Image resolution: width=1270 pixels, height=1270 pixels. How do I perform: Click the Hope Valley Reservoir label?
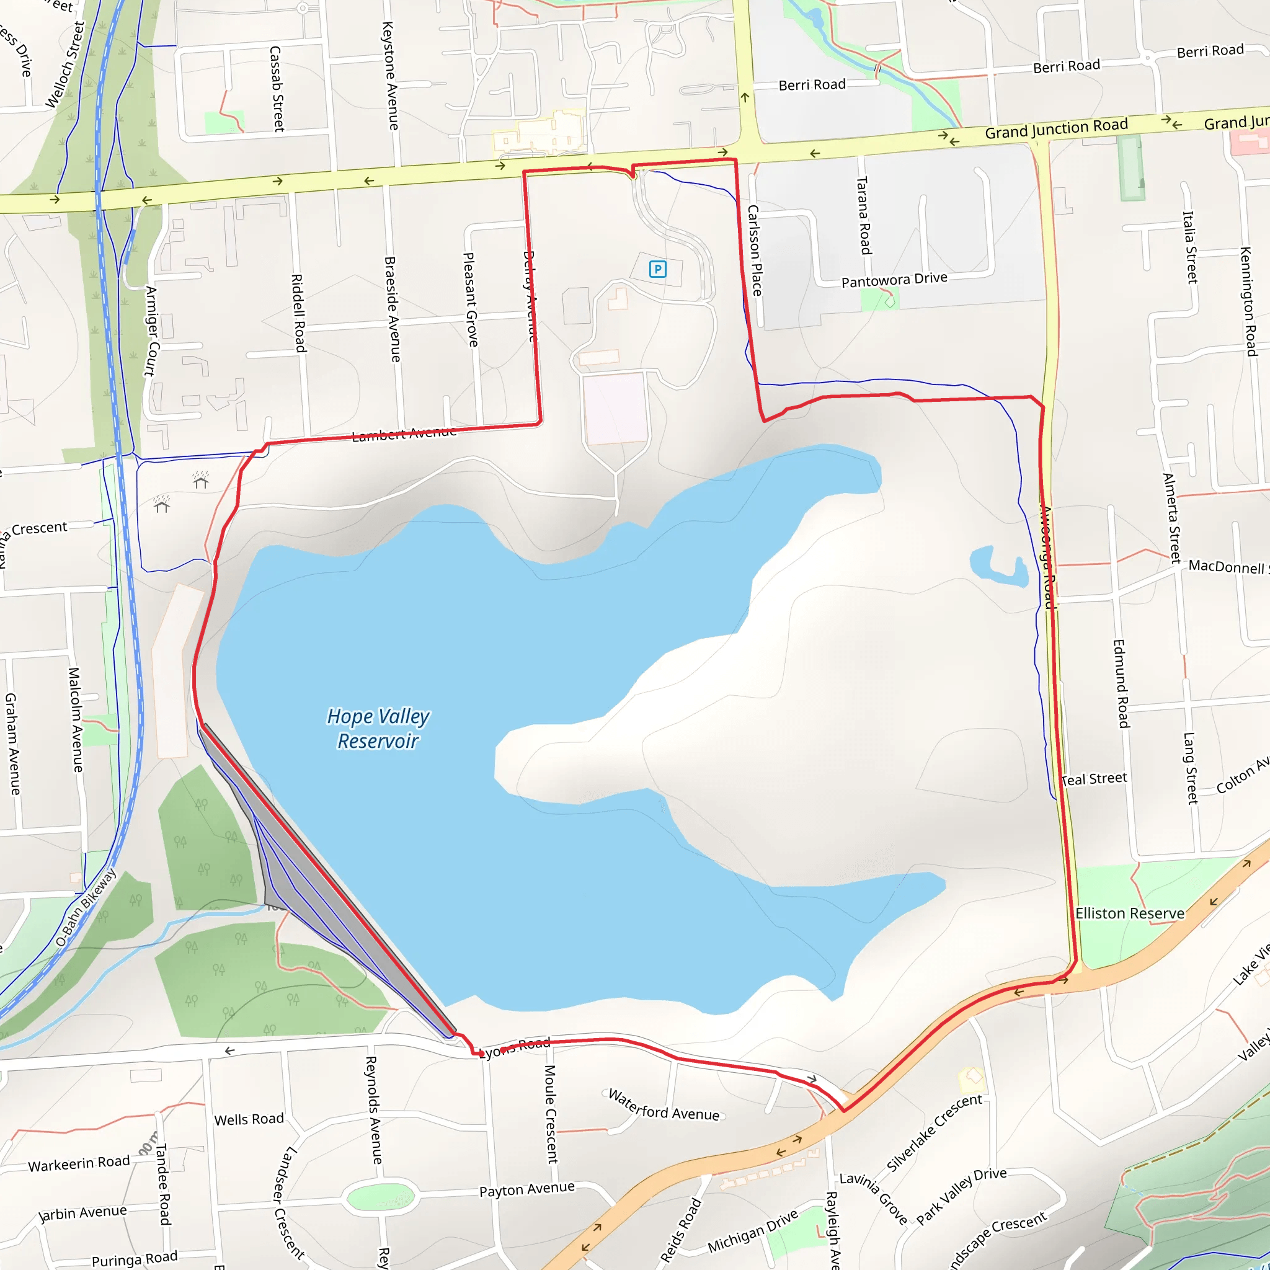[x=378, y=729]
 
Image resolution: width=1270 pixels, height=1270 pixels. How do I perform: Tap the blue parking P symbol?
[x=657, y=269]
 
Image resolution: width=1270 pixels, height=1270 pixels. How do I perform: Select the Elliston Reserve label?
[x=1129, y=913]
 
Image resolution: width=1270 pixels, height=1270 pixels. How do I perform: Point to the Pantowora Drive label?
[x=894, y=280]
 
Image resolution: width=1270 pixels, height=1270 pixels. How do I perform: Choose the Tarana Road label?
[x=863, y=215]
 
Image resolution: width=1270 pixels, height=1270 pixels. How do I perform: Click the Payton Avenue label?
[x=526, y=1190]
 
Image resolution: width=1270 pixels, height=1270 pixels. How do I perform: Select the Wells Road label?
[x=249, y=1119]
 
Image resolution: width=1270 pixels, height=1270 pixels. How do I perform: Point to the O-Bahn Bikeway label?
[x=86, y=907]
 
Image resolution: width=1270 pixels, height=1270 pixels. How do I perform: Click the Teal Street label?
[x=1095, y=779]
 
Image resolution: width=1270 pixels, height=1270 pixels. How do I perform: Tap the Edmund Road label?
[x=1120, y=683]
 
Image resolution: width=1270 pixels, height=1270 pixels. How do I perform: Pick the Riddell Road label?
[x=298, y=313]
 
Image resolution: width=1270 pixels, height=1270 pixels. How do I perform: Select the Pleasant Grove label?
[x=471, y=299]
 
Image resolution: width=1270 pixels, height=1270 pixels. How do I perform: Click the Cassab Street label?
[x=277, y=89]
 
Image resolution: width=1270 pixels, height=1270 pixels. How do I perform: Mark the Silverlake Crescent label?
[x=934, y=1132]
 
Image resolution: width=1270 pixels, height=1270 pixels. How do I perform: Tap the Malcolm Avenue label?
[x=76, y=720]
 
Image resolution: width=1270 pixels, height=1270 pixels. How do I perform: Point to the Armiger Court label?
[x=151, y=331]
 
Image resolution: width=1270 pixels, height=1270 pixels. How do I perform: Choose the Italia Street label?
[x=1191, y=247]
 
